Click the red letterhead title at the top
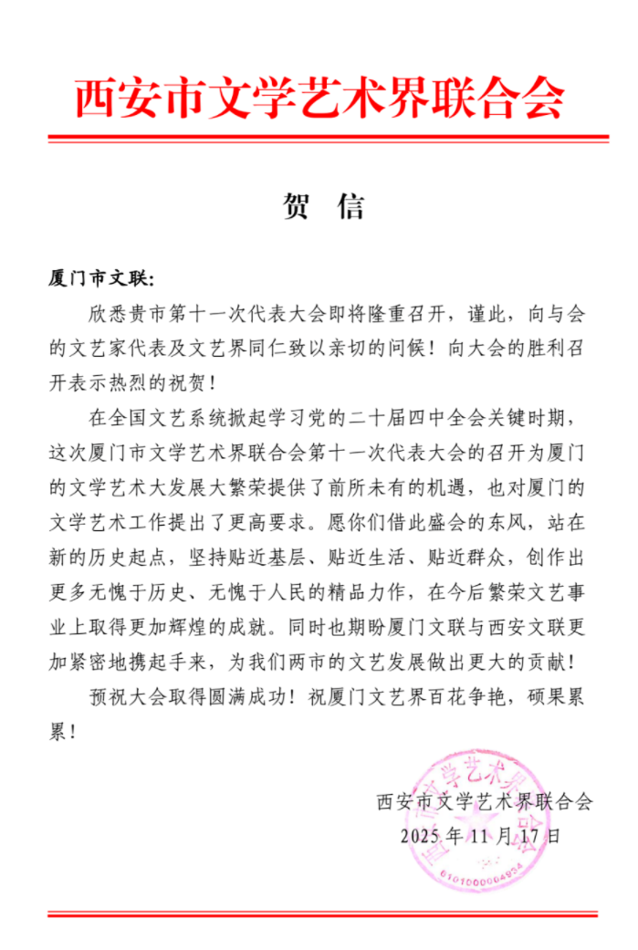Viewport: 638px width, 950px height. click(x=319, y=98)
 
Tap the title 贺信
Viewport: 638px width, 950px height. click(x=319, y=206)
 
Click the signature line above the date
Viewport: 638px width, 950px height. click(x=484, y=802)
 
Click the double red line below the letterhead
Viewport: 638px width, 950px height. click(x=328, y=139)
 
